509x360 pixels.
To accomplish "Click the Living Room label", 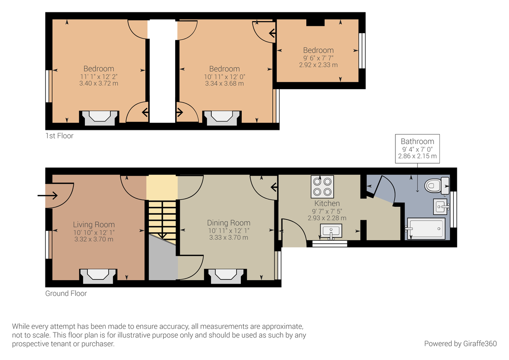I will click(94, 225).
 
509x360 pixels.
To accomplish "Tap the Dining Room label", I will click(229, 223).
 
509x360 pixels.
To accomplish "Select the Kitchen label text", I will click(327, 203).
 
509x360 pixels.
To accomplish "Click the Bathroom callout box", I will click(417, 149).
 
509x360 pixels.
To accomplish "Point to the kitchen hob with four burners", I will click(323, 186).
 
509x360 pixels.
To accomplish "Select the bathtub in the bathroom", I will click(425, 228).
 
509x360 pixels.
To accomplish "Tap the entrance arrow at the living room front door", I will click(48, 195).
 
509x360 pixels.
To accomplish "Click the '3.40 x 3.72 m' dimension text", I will click(98, 84).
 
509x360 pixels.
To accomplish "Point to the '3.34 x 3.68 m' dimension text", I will click(224, 84).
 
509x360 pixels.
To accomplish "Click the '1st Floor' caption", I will click(59, 136).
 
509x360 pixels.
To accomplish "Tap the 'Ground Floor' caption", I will click(66, 293).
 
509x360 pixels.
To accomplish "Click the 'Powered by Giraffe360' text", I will click(460, 343).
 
